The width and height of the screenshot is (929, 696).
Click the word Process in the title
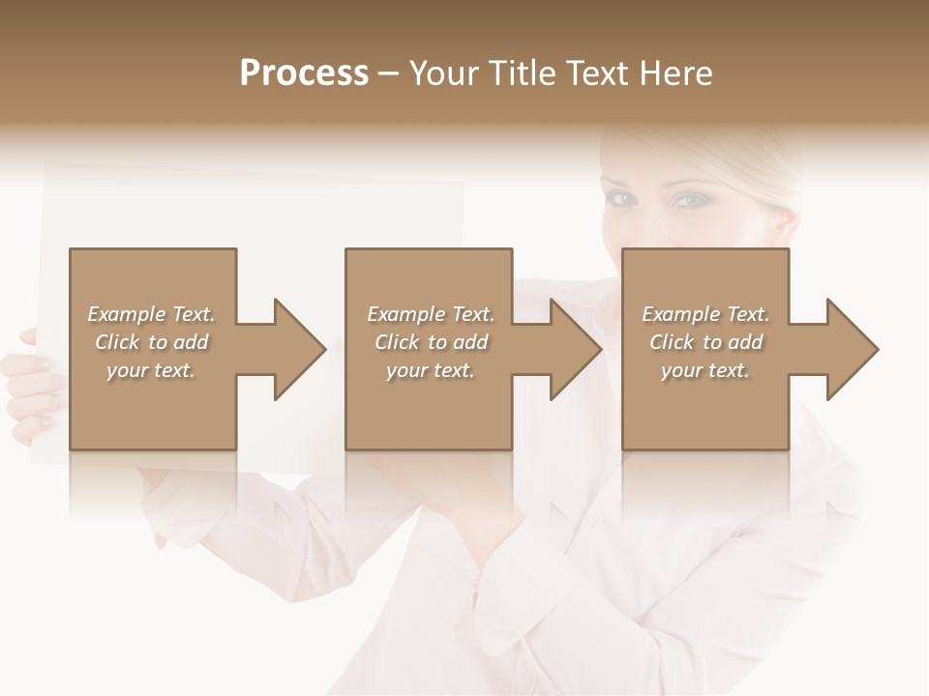(304, 72)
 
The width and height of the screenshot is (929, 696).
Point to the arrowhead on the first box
(295, 349)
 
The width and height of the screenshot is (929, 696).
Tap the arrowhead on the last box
(848, 349)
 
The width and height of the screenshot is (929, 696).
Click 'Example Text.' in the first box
(151, 314)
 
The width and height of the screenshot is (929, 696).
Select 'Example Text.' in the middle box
(431, 314)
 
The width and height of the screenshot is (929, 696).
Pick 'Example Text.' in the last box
(705, 314)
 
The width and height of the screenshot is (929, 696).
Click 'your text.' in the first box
(151, 370)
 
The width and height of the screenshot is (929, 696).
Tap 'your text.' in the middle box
(431, 370)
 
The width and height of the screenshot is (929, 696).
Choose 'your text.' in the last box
(705, 370)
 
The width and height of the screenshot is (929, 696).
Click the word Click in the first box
(118, 342)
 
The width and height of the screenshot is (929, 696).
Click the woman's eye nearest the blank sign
(621, 198)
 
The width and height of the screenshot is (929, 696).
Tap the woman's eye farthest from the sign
(690, 200)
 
